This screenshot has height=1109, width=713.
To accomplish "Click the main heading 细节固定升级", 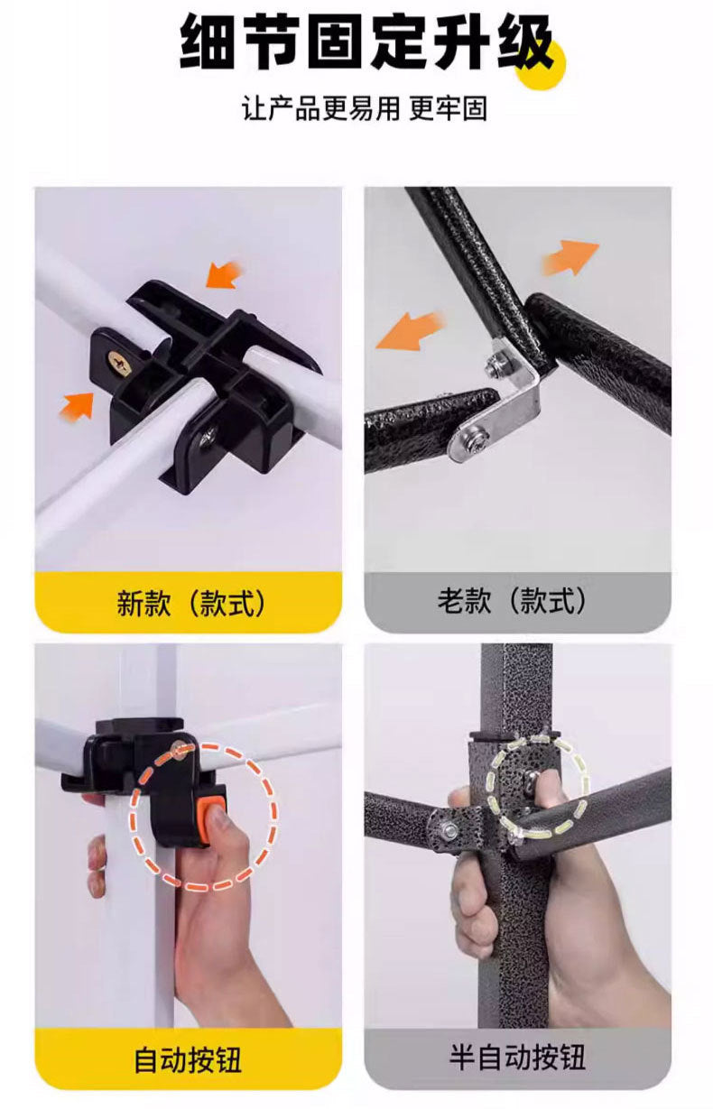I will click(366, 43).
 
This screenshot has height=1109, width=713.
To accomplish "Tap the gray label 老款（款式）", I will click(517, 601).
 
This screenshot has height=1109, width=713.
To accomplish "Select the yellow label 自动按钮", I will click(189, 1058).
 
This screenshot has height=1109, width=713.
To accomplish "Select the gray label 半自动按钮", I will click(517, 1058).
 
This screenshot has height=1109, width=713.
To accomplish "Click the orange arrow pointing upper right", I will click(572, 257).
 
